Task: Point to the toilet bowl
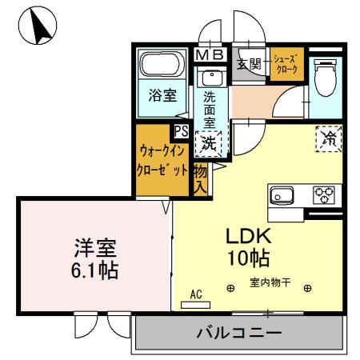(325, 77)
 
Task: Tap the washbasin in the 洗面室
(211, 78)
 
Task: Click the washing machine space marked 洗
(209, 144)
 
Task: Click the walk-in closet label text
(163, 160)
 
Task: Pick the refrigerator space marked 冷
(329, 138)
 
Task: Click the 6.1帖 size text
(93, 270)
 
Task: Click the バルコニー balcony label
(238, 332)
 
